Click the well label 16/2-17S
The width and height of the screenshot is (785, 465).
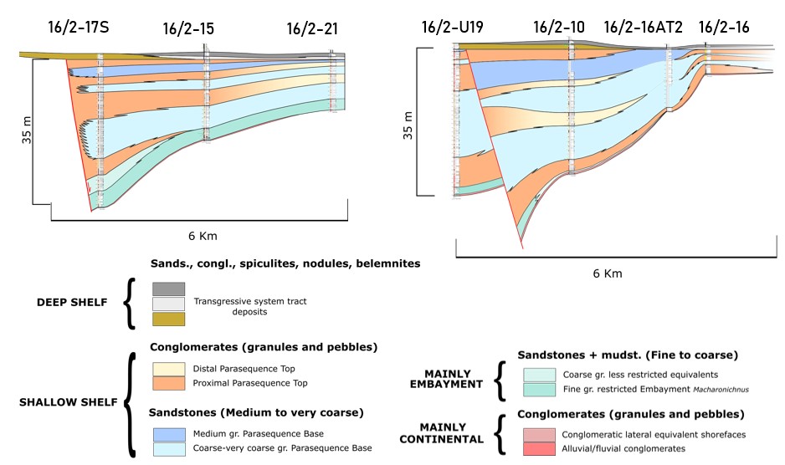click(78, 27)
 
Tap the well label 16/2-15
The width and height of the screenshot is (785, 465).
click(188, 28)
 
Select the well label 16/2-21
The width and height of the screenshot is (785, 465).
click(312, 28)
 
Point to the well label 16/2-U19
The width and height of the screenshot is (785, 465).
click(453, 27)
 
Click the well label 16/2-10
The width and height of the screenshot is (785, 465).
click(559, 27)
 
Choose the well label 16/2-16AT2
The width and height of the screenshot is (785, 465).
click(644, 27)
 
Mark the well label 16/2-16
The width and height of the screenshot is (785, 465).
click(724, 27)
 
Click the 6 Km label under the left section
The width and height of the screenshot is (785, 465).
click(203, 236)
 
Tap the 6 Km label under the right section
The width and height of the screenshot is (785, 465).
click(608, 273)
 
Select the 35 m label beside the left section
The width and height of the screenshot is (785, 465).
click(27, 130)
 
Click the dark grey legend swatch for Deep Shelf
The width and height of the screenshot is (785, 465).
click(169, 289)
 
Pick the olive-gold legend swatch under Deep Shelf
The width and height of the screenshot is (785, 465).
click(169, 319)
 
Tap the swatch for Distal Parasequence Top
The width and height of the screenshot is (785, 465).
click(169, 369)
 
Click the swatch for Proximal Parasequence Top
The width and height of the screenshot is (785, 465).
click(169, 383)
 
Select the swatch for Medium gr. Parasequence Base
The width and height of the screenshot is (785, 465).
click(169, 434)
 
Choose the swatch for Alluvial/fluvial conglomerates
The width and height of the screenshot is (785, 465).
click(539, 449)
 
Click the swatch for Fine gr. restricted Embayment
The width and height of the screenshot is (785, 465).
click(539, 390)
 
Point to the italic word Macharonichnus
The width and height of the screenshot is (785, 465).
click(721, 390)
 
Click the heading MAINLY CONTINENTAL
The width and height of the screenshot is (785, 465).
click(442, 433)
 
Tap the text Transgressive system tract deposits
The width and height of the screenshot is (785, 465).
click(250, 306)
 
